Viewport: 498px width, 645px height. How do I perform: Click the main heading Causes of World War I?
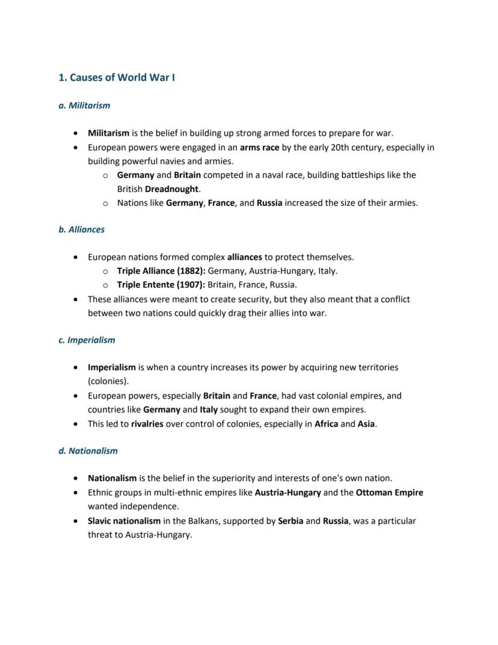pyautogui.click(x=117, y=78)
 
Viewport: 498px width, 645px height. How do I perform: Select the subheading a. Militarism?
pyautogui.click(x=84, y=105)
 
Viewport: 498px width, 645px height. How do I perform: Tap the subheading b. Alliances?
pyautogui.click(x=81, y=229)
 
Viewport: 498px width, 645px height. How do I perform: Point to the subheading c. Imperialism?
pyautogui.click(x=87, y=340)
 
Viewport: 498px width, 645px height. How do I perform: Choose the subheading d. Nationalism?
pyautogui.click(x=88, y=451)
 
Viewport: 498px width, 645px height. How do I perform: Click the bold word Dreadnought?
pyautogui.click(x=171, y=189)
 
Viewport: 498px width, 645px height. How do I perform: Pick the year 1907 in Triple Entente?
pyautogui.click(x=191, y=285)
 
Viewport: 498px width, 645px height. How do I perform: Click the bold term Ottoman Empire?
pyautogui.click(x=389, y=493)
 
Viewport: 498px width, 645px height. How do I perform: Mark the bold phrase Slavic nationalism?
pyautogui.click(x=124, y=521)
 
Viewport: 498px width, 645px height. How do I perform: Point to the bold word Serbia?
pyautogui.click(x=290, y=521)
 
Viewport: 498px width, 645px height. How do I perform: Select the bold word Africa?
pyautogui.click(x=326, y=424)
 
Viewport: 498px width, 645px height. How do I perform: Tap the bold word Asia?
pyautogui.click(x=366, y=424)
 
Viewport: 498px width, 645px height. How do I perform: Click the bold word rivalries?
pyautogui.click(x=147, y=424)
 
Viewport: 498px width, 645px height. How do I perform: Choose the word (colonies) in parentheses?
pyautogui.click(x=108, y=382)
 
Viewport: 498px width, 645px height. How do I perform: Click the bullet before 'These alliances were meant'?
pyautogui.click(x=75, y=299)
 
